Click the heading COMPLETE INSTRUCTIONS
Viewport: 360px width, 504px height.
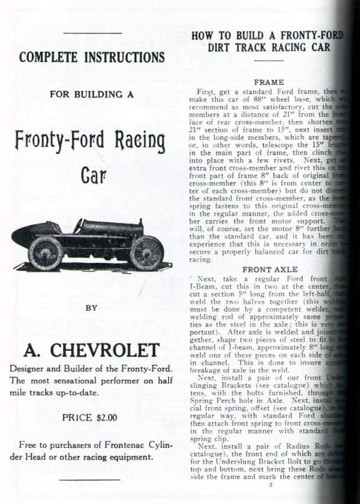point(92,58)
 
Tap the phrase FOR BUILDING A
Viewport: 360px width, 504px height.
point(92,96)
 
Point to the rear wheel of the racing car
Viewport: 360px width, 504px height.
point(46,252)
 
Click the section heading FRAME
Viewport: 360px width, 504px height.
point(269,82)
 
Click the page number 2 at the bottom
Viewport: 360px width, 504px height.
point(271,485)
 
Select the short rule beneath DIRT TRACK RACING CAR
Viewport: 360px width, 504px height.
point(270,61)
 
